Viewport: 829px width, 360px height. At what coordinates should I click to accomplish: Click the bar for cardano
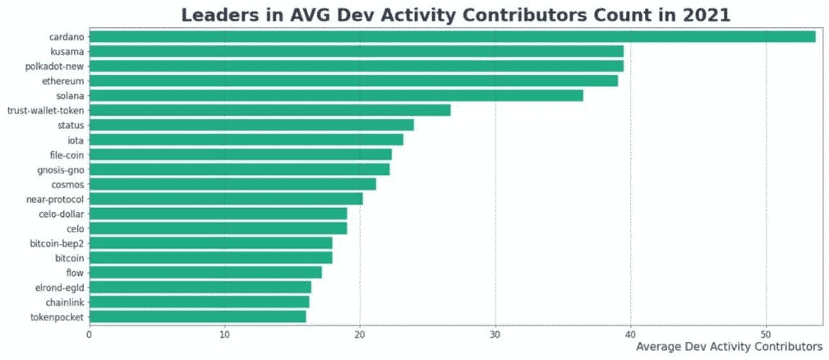pyautogui.click(x=452, y=36)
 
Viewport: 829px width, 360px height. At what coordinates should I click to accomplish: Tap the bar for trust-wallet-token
pyautogui.click(x=269, y=110)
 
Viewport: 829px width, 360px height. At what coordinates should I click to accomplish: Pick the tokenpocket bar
pyautogui.click(x=197, y=316)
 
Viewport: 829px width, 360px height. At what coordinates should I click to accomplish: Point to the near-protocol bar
pyautogui.click(x=226, y=199)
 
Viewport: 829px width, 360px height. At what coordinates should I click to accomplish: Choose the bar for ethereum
pyautogui.click(x=353, y=81)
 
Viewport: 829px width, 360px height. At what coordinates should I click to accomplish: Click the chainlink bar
pyautogui.click(x=199, y=302)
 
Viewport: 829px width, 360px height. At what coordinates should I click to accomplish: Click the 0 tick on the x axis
pyautogui.click(x=89, y=335)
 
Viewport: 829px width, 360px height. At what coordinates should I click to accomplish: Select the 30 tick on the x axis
pyautogui.click(x=495, y=335)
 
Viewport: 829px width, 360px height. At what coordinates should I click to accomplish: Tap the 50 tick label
pyautogui.click(x=766, y=335)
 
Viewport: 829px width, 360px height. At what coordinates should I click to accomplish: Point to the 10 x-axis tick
pyautogui.click(x=224, y=335)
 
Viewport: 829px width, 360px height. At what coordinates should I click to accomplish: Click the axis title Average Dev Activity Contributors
pyautogui.click(x=729, y=348)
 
